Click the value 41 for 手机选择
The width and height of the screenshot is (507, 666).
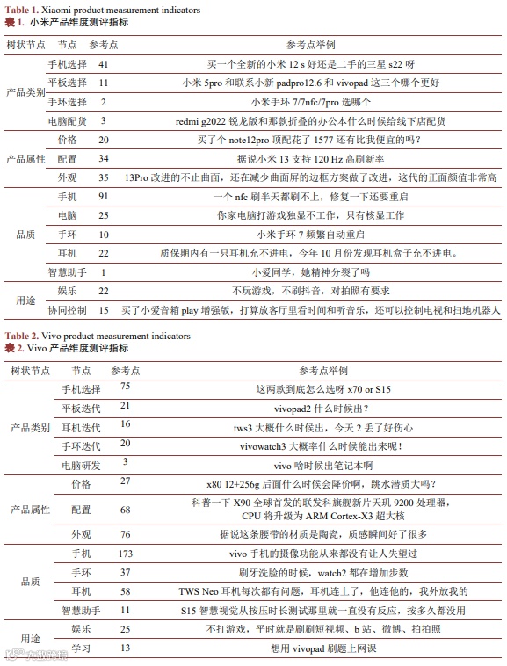[x=104, y=64]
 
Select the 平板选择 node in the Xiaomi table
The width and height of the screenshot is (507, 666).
[x=67, y=83]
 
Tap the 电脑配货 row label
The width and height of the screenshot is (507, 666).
[x=67, y=120]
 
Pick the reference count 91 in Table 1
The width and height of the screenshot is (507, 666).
[x=104, y=197]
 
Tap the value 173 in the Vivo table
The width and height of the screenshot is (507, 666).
[x=125, y=554]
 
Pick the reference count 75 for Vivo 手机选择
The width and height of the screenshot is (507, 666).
[x=125, y=387]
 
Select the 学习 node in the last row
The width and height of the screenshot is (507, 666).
[x=81, y=648]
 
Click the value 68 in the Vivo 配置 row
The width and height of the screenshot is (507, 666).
[x=125, y=510]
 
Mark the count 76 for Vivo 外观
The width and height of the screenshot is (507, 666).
[x=125, y=534]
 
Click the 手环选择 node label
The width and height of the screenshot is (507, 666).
[x=67, y=102]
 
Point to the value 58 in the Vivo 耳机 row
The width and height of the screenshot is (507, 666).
[x=125, y=591]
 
